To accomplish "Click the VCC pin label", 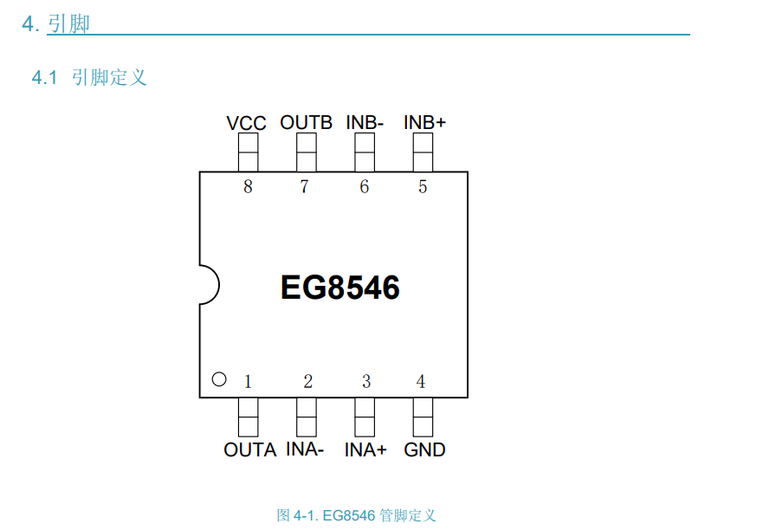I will pyautogui.click(x=246, y=123).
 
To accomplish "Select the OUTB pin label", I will pyautogui.click(x=306, y=122).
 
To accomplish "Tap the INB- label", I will pyautogui.click(x=365, y=122).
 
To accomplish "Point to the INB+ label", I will pyautogui.click(x=424, y=122).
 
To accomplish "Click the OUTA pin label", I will pyautogui.click(x=249, y=450).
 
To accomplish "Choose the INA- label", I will pyautogui.click(x=305, y=450).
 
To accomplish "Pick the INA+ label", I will pyautogui.click(x=365, y=450).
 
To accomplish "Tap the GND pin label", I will pyautogui.click(x=424, y=450).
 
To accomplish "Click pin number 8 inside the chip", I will pyautogui.click(x=248, y=187).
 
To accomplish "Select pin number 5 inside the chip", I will pyautogui.click(x=423, y=187).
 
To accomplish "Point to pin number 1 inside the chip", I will pyautogui.click(x=248, y=382).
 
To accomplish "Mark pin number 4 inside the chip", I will pyautogui.click(x=421, y=382).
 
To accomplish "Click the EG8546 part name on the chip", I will pyautogui.click(x=339, y=288).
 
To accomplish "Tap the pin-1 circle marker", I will pyautogui.click(x=219, y=378).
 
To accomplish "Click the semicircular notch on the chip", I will pyautogui.click(x=208, y=284).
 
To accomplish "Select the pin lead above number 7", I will pyautogui.click(x=307, y=152).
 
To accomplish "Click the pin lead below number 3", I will pyautogui.click(x=365, y=417).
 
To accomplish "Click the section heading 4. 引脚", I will pyautogui.click(x=56, y=24).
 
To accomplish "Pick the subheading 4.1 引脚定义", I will pyautogui.click(x=89, y=78).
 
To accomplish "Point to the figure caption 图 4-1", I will pyautogui.click(x=356, y=516).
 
